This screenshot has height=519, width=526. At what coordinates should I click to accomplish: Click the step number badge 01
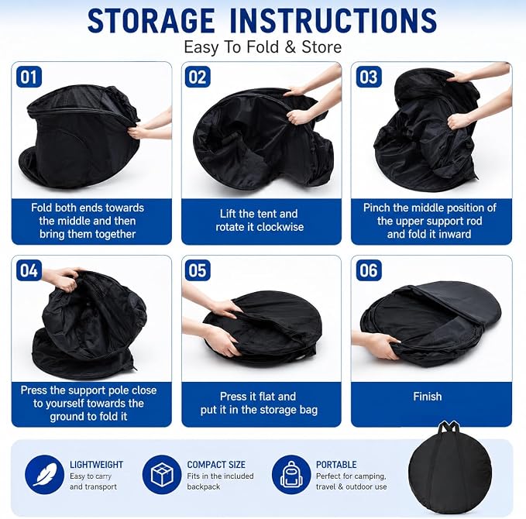click(29, 77)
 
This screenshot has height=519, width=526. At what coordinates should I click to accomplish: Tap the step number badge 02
click(198, 77)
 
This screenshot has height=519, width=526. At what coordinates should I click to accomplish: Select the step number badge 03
click(369, 77)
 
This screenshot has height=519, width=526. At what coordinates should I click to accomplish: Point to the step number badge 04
click(29, 270)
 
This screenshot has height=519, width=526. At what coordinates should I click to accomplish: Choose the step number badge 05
click(198, 270)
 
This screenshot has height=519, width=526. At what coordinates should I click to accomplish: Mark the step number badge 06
click(369, 270)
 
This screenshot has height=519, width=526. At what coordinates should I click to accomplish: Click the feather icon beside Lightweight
click(45, 474)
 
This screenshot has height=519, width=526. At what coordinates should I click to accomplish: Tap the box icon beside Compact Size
click(162, 474)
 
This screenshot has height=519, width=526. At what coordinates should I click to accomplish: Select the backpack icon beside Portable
click(291, 474)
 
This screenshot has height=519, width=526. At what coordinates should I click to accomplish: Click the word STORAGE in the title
click(151, 21)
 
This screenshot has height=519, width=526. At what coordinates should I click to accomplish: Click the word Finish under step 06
click(428, 397)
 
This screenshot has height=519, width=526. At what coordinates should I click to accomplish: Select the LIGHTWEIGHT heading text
click(96, 465)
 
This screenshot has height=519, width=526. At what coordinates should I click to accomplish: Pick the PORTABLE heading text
click(336, 465)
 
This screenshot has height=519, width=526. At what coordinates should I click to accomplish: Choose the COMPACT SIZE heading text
click(216, 465)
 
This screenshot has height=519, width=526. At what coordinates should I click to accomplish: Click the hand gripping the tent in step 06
click(379, 345)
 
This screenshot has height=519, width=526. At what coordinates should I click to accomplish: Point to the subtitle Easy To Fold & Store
click(263, 47)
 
